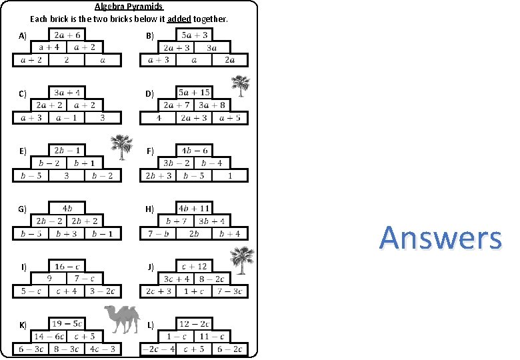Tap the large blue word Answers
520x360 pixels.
(441, 238)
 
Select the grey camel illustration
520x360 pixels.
(121, 319)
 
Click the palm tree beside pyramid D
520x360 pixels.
(241, 87)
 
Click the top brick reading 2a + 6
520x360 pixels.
(67, 35)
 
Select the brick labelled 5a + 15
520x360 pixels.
(194, 93)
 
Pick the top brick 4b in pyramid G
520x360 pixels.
(67, 208)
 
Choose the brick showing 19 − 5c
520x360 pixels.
(67, 324)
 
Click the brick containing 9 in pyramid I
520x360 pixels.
(49, 279)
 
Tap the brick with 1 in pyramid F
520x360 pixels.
(229, 176)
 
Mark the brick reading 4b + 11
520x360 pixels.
(194, 208)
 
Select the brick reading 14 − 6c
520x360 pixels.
(49, 337)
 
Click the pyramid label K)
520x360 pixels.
(23, 325)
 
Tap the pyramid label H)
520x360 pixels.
(149, 209)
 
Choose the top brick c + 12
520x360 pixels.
(194, 266)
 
